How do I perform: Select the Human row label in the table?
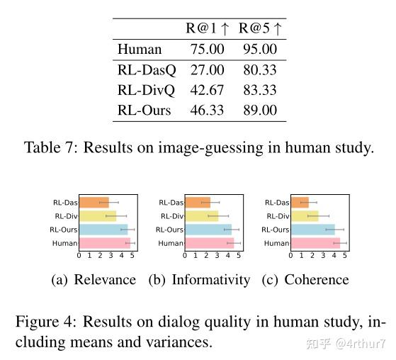point(140,50)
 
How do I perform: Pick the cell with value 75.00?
point(208,50)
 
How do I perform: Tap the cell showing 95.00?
point(260,50)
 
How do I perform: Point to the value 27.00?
point(208,70)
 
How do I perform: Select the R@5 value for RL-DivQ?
point(260,91)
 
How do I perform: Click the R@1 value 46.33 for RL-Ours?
point(208,111)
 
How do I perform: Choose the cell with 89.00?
point(260,111)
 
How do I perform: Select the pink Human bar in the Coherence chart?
point(307,243)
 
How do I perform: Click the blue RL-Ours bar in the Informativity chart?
point(208,230)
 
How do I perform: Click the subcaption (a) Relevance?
point(94,280)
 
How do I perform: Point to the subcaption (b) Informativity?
point(199,280)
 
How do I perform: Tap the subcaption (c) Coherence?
point(305,280)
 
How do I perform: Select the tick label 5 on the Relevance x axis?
point(132,256)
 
